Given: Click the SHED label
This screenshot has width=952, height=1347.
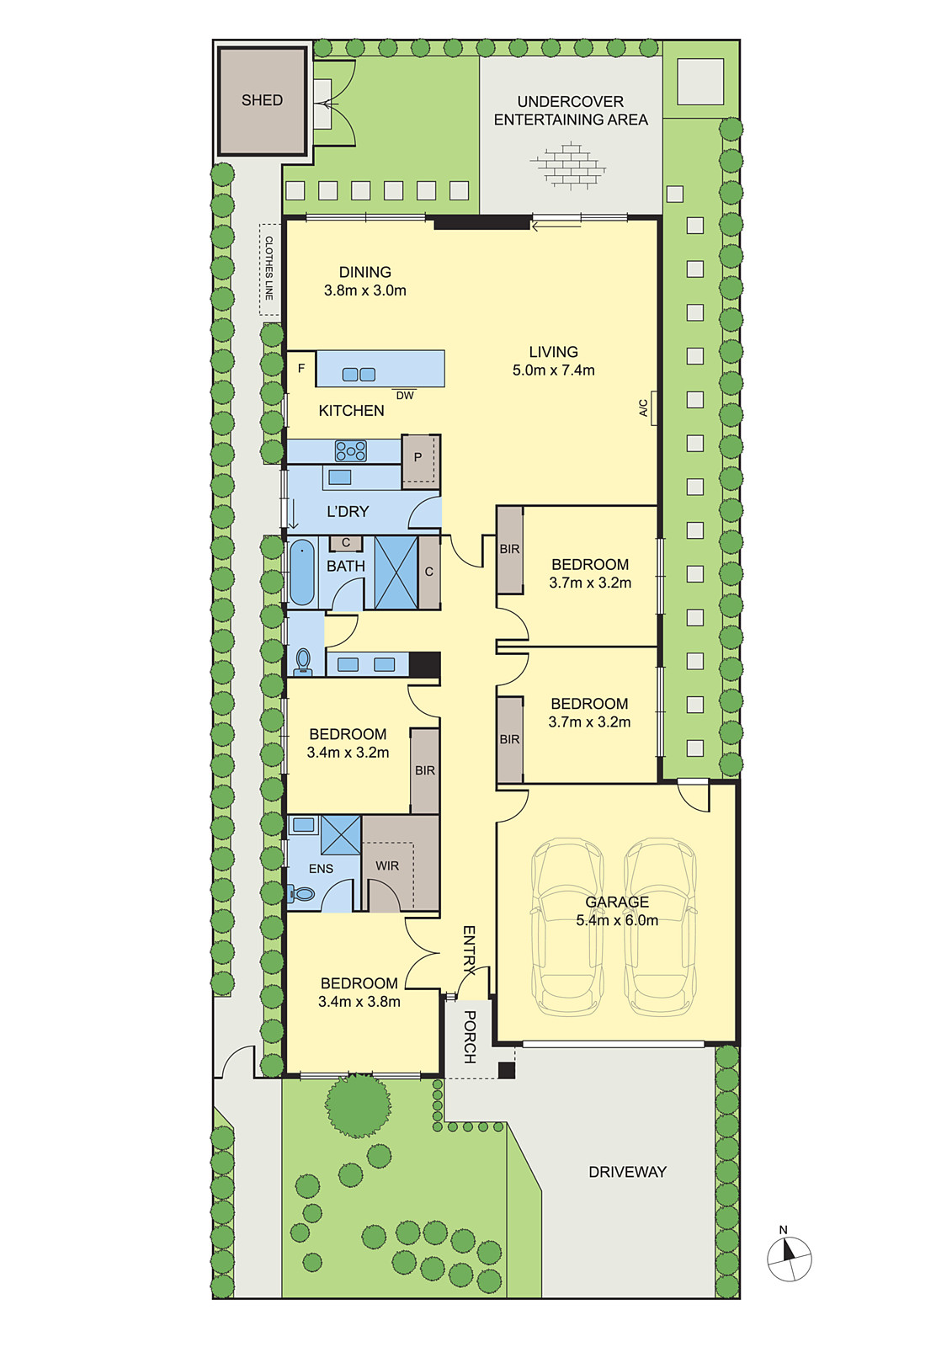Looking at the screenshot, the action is point(262,100).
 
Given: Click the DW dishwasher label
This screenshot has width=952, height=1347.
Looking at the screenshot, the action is point(405,395).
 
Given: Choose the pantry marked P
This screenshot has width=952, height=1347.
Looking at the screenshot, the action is point(420,461).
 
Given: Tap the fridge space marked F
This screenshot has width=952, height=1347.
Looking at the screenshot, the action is point(301,368).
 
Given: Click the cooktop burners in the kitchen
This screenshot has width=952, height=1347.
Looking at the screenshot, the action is point(351,450).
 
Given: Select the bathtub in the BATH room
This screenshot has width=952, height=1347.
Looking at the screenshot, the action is point(302,572).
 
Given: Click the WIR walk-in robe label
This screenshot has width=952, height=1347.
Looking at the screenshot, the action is point(386,866).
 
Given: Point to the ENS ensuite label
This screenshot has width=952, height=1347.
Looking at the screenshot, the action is point(321,868).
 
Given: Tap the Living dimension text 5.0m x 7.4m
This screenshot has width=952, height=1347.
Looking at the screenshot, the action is point(553,370).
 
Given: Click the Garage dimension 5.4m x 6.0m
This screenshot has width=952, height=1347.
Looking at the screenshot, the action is point(617,920).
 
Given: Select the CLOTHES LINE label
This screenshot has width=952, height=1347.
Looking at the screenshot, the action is point(269,269).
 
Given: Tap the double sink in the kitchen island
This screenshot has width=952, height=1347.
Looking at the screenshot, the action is point(359,374).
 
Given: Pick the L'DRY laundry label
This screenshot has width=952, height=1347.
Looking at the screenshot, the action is point(348,511).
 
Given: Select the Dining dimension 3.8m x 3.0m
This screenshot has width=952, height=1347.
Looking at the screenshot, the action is point(365,290).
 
